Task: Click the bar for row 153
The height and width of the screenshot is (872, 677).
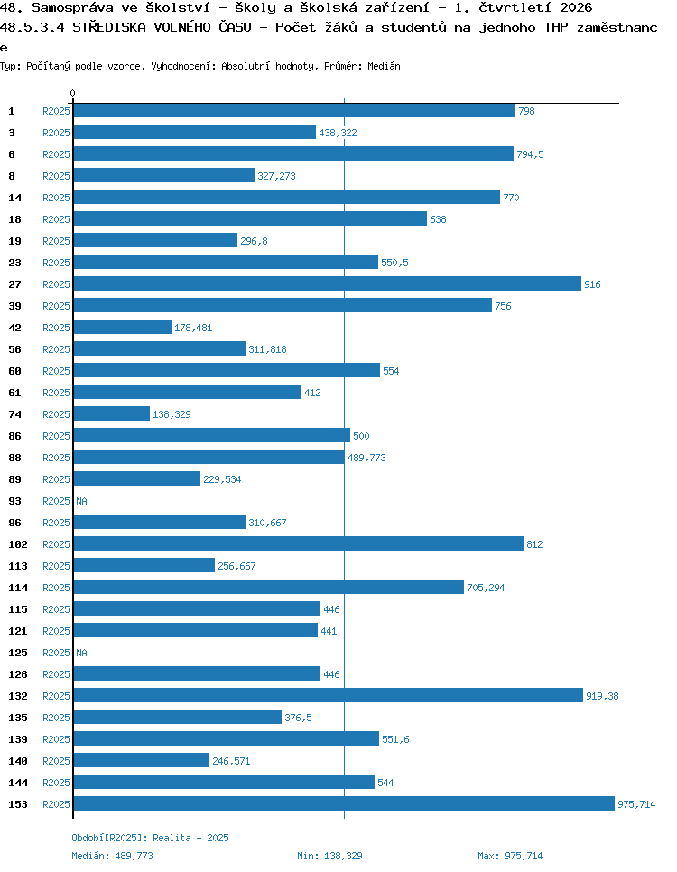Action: [x=344, y=803]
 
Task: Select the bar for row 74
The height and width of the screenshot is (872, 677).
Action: [x=111, y=413]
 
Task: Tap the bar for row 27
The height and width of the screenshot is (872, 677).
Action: [x=327, y=283]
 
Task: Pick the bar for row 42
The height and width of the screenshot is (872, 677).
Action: [x=123, y=327]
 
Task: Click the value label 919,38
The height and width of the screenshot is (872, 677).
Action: [x=602, y=696]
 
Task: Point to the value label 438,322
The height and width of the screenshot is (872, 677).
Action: [x=338, y=133]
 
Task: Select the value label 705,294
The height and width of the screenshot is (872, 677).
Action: [x=486, y=588]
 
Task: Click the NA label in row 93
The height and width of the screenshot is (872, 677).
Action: [x=82, y=501]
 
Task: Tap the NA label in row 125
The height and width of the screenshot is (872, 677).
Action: [x=82, y=653]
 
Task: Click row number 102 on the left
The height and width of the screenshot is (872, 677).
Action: [x=18, y=544]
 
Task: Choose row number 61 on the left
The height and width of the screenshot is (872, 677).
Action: [x=15, y=393]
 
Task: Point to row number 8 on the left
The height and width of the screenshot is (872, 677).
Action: [x=12, y=176]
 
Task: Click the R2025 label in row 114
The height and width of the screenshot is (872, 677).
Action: [x=56, y=588]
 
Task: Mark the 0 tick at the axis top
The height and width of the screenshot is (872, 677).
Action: [x=73, y=93]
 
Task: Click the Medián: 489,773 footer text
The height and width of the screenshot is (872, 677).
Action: [x=112, y=856]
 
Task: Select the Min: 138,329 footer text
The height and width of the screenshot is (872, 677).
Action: [x=329, y=856]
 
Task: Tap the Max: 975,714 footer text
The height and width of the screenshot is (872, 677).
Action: [x=510, y=856]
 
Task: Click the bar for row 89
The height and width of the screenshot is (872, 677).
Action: [x=137, y=478]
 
